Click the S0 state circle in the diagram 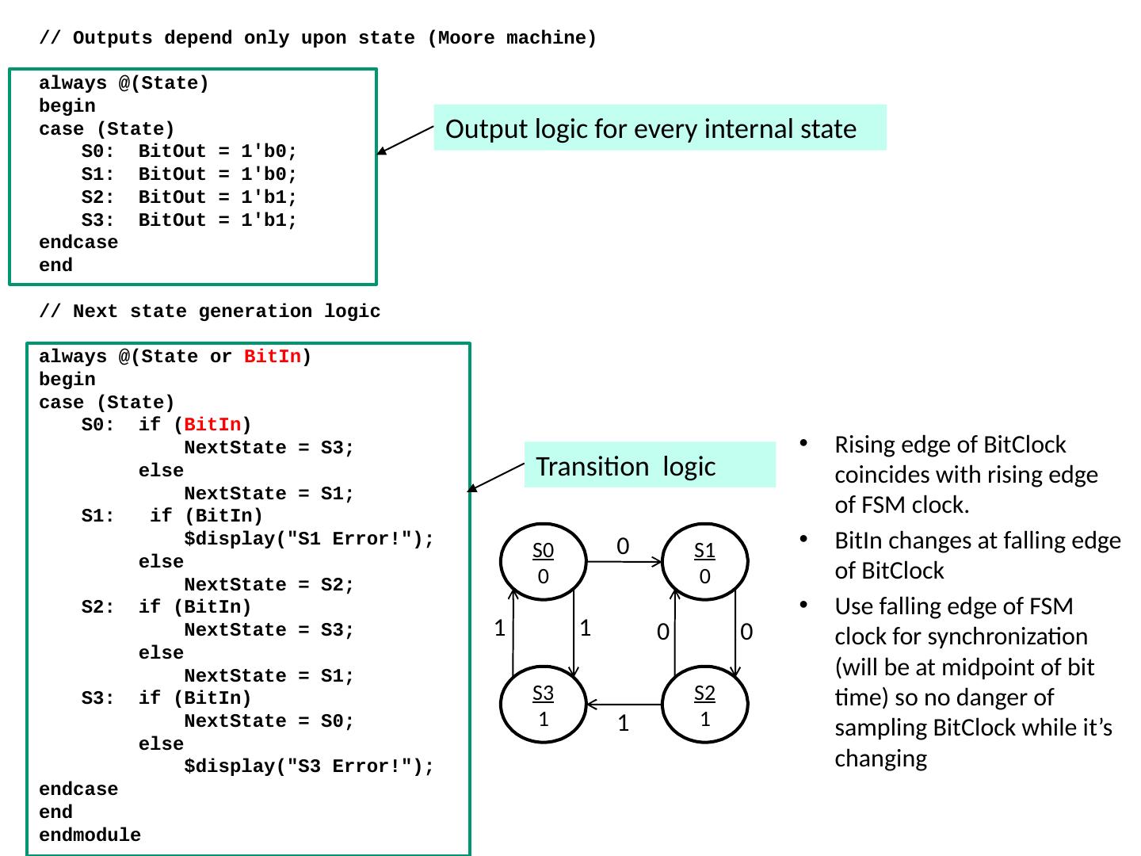tap(543, 562)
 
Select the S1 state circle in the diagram tap(704, 562)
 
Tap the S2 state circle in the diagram tap(704, 705)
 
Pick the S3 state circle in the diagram tap(543, 705)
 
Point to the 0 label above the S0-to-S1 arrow tap(623, 545)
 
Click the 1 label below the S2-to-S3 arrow tap(624, 724)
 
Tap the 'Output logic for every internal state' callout tap(659, 128)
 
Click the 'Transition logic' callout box tap(650, 465)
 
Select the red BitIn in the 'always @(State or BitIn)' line tap(272, 357)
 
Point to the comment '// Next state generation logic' tap(210, 311)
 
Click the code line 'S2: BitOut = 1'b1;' tap(189, 197)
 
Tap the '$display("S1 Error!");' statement tap(309, 539)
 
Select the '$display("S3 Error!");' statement tap(309, 766)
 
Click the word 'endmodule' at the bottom tap(90, 835)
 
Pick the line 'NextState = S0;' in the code tap(269, 721)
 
